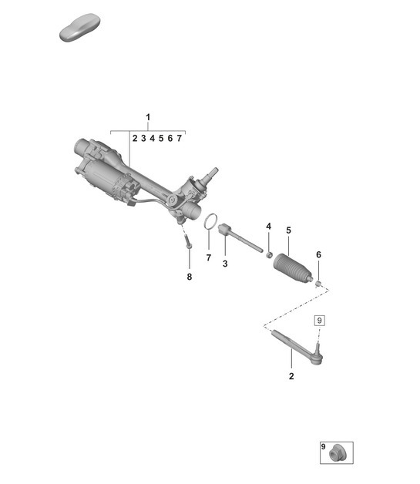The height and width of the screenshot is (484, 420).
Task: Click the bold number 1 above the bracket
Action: tap(148, 118)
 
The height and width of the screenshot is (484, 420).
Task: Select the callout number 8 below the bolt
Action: tap(189, 277)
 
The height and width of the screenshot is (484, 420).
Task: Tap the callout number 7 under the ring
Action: tap(208, 257)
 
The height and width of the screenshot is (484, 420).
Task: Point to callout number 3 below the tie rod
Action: tap(225, 264)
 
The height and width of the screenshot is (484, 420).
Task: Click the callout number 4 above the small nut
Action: tap(269, 226)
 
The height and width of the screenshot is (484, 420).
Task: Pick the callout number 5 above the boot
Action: tap(288, 230)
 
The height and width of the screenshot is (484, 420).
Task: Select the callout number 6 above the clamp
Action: tap(318, 255)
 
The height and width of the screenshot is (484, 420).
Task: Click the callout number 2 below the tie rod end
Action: tap(291, 377)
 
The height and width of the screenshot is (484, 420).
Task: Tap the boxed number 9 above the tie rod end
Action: tap(320, 320)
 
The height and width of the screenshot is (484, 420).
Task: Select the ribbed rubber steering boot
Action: tap(294, 266)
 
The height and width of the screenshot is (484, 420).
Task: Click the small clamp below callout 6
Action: tap(318, 283)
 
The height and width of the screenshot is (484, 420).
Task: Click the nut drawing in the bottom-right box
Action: tap(336, 454)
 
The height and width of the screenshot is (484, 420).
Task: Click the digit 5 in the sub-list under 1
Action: tap(161, 139)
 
